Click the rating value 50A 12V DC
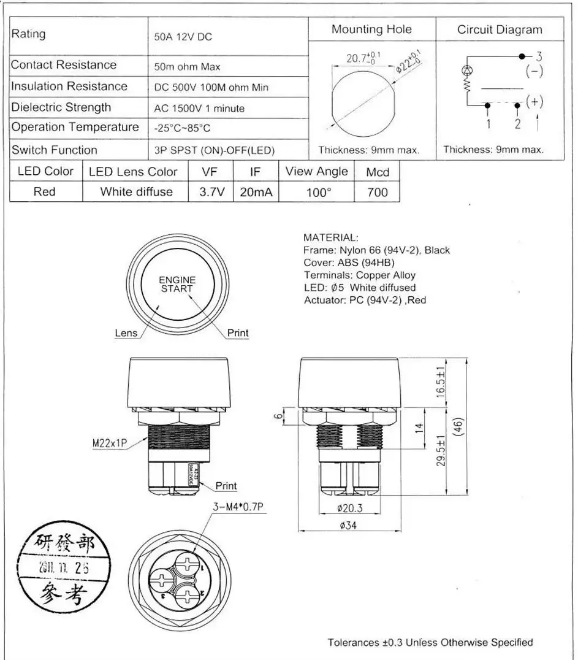183,37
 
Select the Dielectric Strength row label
61,107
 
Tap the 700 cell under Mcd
377,192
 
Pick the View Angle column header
316,172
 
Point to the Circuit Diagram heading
500,29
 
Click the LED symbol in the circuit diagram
467,70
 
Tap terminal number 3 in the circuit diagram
539,57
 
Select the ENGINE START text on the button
177,284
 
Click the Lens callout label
126,333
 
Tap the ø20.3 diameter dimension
349,508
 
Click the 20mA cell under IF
256,192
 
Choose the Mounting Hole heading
371,29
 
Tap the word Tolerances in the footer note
354,642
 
